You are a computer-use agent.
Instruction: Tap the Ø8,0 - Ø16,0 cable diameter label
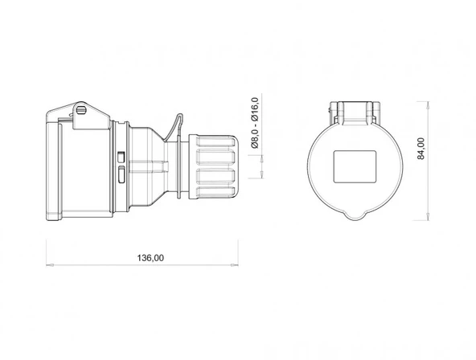click(255, 123)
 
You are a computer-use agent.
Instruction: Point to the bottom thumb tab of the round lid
click(355, 215)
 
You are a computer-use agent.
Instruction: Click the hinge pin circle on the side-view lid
click(80, 110)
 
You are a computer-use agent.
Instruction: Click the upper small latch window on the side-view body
click(121, 156)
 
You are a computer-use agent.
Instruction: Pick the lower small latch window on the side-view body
click(121, 173)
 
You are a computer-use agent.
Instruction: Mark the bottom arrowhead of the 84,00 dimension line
click(434, 219)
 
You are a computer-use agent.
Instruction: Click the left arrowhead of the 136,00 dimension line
click(48, 265)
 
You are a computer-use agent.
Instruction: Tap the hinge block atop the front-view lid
click(354, 111)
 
